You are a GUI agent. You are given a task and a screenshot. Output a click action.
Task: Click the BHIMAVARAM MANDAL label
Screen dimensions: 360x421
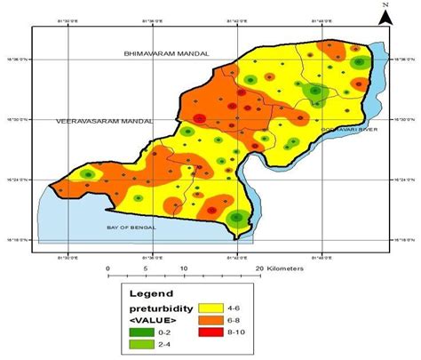[x=166, y=55]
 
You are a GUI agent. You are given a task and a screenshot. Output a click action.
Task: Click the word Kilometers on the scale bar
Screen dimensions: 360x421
[x=286, y=268]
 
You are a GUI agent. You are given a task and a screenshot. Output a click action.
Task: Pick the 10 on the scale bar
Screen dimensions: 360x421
[x=184, y=268]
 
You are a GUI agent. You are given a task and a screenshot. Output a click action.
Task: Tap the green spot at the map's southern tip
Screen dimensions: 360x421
[x=236, y=219]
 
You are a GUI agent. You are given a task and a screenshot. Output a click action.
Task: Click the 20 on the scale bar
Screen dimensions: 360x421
[x=259, y=268]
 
